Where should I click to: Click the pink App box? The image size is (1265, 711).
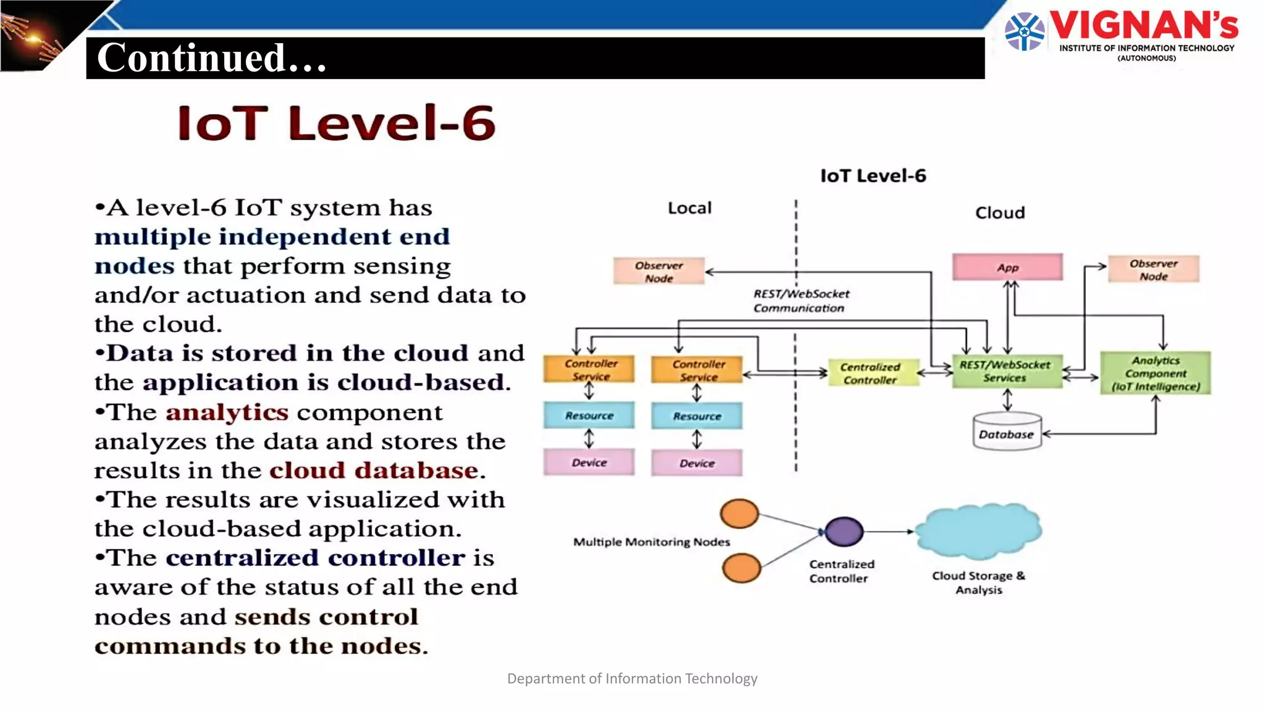point(1007,267)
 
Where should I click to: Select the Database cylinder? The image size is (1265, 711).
point(1006,432)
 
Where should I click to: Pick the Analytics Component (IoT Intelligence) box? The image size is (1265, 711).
point(1155,373)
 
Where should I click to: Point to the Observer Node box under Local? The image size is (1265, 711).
point(658,271)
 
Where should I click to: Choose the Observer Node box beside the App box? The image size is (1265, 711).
point(1153,269)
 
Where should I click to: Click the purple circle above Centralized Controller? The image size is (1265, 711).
point(844,531)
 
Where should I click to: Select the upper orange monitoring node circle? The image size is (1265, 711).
point(739,513)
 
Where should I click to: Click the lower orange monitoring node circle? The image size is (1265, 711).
point(741,568)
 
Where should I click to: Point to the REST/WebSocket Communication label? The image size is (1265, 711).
point(801,301)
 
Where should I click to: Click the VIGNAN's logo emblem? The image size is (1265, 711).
point(1024,31)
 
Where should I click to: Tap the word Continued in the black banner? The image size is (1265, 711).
point(191,57)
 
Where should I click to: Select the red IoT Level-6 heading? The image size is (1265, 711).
point(336,123)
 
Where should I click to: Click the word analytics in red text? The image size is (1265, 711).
point(227,412)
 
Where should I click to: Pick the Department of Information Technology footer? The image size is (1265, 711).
point(632,678)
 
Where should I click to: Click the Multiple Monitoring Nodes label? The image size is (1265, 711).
point(651,541)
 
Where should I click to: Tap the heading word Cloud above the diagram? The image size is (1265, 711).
point(999,212)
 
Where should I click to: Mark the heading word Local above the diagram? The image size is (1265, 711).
point(689,208)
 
